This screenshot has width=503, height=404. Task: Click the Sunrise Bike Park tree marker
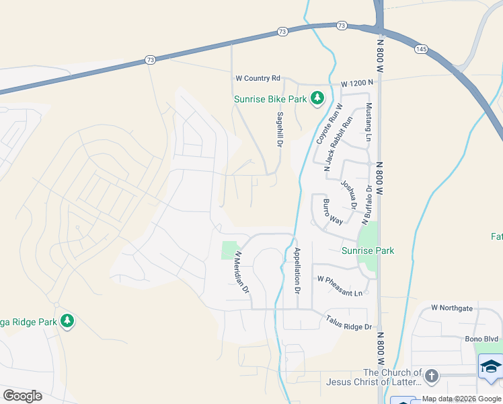pyautogui.click(x=317, y=99)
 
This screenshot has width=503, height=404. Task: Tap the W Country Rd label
pyautogui.click(x=257, y=79)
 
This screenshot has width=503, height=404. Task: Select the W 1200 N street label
pyautogui.click(x=356, y=83)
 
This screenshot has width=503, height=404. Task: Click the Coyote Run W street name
pyautogui.click(x=330, y=123)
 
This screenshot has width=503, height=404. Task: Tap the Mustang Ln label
pyautogui.click(x=368, y=123)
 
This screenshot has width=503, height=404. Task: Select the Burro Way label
pyautogui.click(x=333, y=211)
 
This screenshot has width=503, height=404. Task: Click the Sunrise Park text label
pyautogui.click(x=367, y=250)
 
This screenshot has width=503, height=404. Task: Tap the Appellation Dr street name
pyautogui.click(x=297, y=270)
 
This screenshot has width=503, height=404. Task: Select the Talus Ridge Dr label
pyautogui.click(x=348, y=323)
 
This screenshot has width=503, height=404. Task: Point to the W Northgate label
pyautogui.click(x=452, y=308)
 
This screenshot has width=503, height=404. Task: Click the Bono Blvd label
pyautogui.click(x=480, y=339)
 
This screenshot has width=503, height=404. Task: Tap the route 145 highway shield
pyautogui.click(x=422, y=49)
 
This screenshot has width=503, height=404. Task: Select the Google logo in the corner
pyautogui.click(x=22, y=396)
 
